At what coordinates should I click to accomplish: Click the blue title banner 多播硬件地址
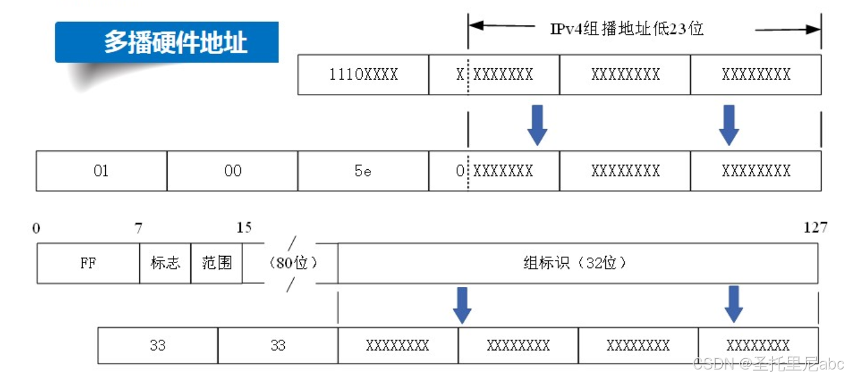tap(167, 42)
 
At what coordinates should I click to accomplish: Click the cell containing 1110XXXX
tap(363, 75)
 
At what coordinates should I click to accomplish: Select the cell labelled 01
tap(101, 171)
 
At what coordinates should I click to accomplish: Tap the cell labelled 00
tap(232, 171)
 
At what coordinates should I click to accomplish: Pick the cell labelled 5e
tap(363, 171)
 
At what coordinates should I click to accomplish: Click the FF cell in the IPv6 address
tap(89, 263)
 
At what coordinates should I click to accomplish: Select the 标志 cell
tap(165, 263)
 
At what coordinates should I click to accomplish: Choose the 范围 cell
tap(216, 263)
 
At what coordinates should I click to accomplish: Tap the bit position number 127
tap(814, 228)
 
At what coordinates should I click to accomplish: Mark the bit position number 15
tap(244, 228)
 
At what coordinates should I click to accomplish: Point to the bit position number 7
tap(139, 228)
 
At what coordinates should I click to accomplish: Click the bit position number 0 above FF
tap(37, 228)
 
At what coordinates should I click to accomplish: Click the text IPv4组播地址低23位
tap(627, 29)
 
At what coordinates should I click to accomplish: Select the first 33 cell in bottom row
tap(158, 345)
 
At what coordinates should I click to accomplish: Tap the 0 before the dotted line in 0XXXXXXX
tap(460, 171)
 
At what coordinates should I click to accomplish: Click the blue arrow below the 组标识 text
tap(462, 305)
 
